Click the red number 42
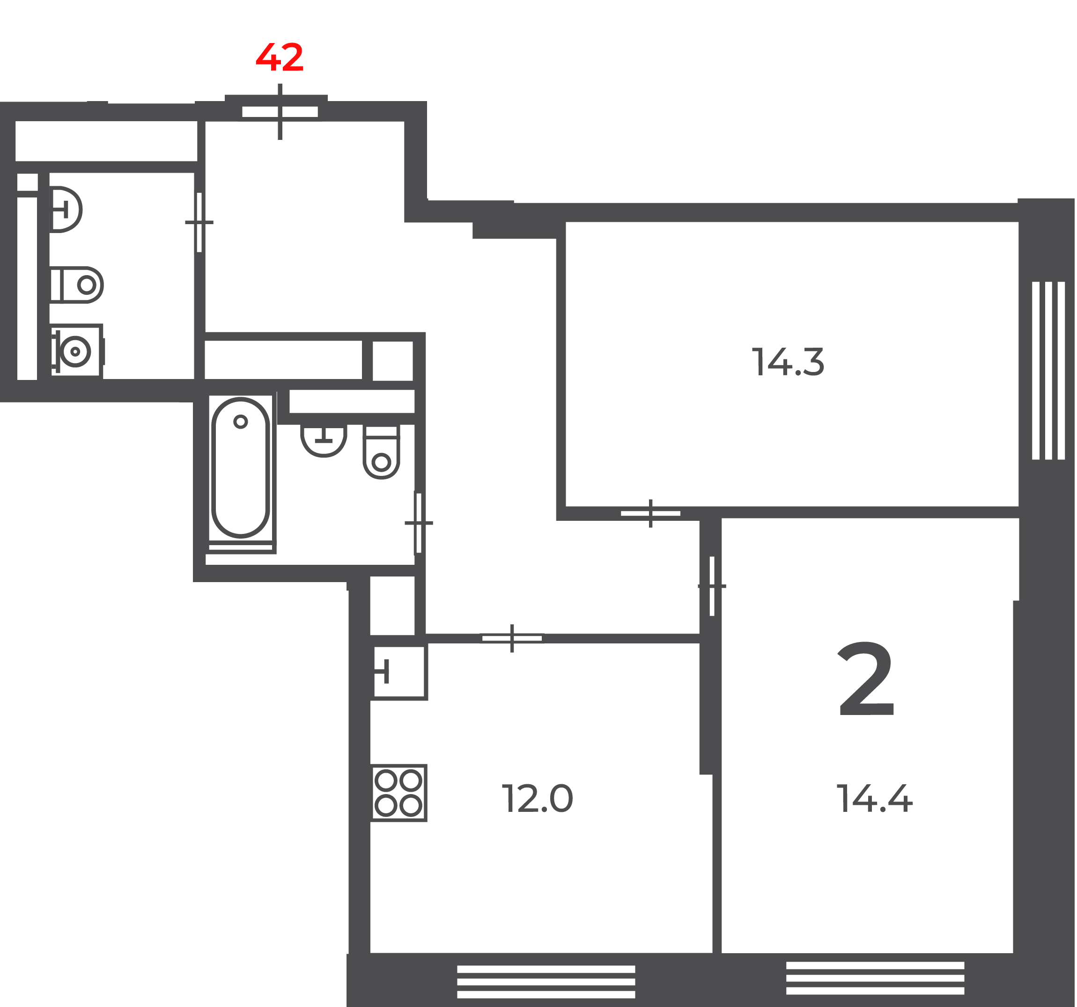(x=280, y=58)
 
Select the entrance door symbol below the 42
(x=280, y=112)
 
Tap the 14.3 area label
(x=788, y=362)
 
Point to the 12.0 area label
(x=537, y=799)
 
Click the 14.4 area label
(x=875, y=799)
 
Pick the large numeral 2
(x=866, y=679)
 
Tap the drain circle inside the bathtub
(x=241, y=422)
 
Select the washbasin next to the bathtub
(x=324, y=440)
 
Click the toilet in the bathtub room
(x=381, y=452)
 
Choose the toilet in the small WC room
(x=76, y=285)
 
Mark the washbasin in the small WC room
(x=66, y=210)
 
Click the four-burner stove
(x=399, y=793)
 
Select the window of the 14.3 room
(x=1049, y=371)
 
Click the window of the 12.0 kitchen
(x=546, y=982)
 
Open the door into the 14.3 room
(x=650, y=513)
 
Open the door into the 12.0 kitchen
(x=512, y=638)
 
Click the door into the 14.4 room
(x=712, y=586)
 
